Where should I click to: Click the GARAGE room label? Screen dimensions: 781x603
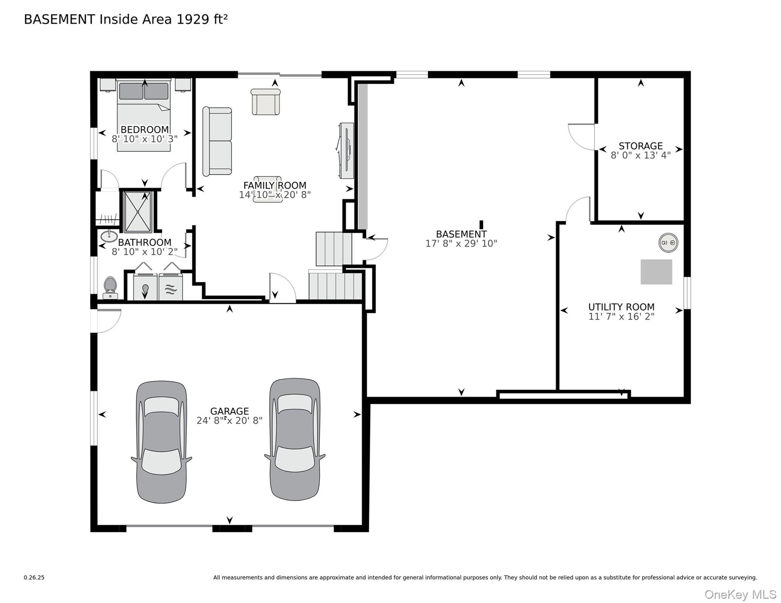(229, 411)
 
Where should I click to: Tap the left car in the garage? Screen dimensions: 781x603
(161, 442)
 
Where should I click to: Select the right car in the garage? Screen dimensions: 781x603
(295, 439)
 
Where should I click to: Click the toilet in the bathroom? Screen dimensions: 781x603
(110, 288)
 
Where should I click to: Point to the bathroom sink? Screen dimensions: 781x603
(109, 236)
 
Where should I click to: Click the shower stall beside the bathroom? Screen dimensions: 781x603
(137, 212)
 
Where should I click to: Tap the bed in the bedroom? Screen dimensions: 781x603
(144, 115)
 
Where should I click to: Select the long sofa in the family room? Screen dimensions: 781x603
(217, 141)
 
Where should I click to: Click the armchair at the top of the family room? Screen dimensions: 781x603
(266, 102)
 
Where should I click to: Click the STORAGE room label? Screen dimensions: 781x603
(641, 146)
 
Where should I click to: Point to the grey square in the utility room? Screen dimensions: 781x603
(656, 272)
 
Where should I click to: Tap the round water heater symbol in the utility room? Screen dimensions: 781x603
(668, 243)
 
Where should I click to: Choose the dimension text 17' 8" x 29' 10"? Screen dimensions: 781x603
(461, 243)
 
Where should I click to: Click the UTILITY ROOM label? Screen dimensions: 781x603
(621, 307)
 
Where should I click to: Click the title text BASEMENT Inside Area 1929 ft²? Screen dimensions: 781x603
(126, 19)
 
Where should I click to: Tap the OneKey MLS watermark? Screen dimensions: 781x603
(740, 594)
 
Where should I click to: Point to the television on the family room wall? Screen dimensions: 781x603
(346, 151)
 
